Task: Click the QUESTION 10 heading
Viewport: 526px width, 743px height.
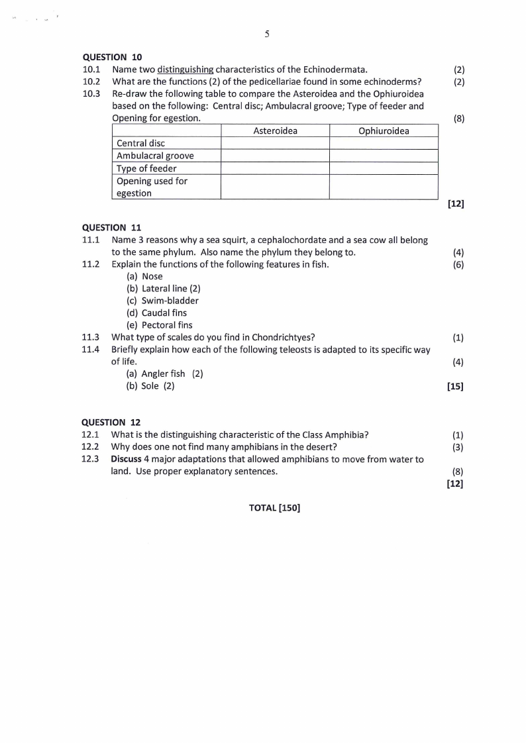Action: coord(112,57)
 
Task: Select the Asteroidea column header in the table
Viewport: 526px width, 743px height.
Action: coord(275,131)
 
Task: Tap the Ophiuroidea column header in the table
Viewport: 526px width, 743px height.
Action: coord(384,131)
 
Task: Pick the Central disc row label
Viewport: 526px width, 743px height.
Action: coord(140,144)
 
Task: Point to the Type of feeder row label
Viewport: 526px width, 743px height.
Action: coord(146,169)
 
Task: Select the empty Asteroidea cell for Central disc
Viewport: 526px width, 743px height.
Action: coord(275,144)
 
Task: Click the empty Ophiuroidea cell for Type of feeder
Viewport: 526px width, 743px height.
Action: coord(384,169)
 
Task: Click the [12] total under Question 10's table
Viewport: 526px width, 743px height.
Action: coord(455,205)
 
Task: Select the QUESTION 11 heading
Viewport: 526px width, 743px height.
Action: coord(111,228)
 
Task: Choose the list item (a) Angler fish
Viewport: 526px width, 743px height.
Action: coord(156,374)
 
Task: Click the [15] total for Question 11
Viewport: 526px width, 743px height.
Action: coord(455,387)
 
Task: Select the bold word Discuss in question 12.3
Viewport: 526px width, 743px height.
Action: coord(126,460)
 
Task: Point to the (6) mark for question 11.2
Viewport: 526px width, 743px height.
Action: coord(458,265)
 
